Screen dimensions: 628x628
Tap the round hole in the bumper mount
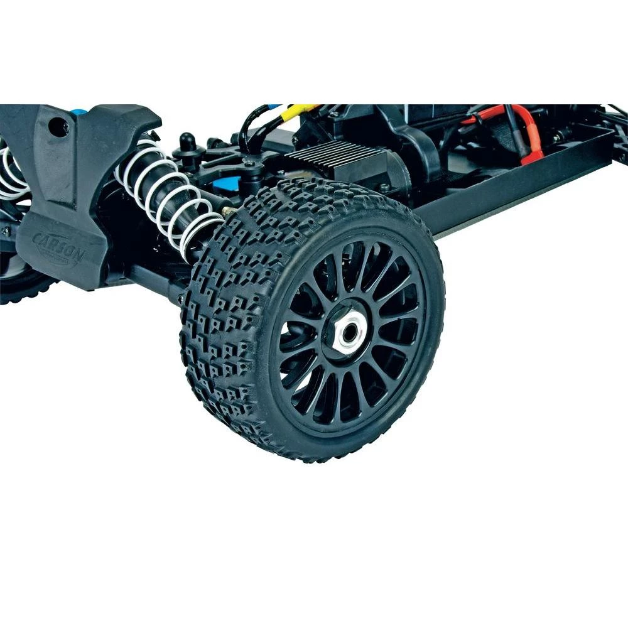click(59, 128)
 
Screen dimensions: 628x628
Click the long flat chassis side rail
click(502, 188)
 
